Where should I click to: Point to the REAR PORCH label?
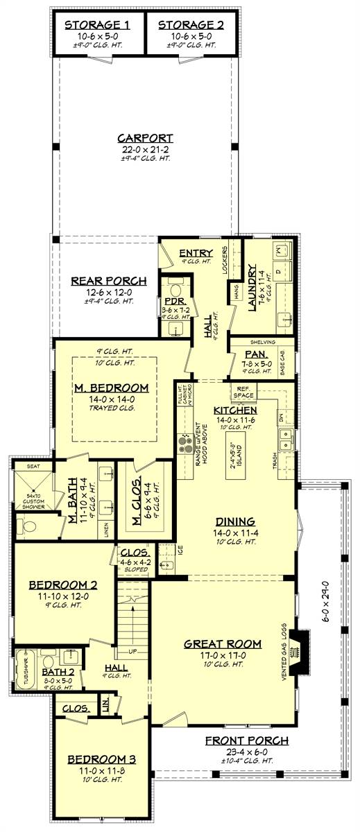[119, 281]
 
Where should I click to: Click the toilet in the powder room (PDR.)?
[175, 290]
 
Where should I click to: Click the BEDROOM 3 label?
[101, 760]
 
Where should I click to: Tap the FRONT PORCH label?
[246, 740]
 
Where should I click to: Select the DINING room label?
[235, 521]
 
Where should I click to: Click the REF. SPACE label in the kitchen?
[243, 392]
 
